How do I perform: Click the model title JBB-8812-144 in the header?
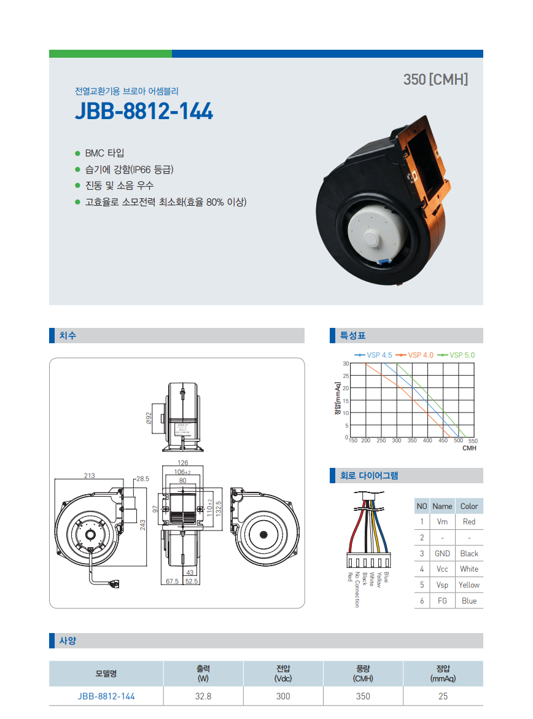pyautogui.click(x=144, y=111)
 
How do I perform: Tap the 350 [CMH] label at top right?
pyautogui.click(x=436, y=79)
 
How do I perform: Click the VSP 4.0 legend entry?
pyautogui.click(x=414, y=355)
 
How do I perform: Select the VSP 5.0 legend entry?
pyautogui.click(x=456, y=355)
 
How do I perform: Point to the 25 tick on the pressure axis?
pyautogui.click(x=346, y=376)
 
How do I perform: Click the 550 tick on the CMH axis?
pyautogui.click(x=473, y=441)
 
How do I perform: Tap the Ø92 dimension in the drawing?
pyautogui.click(x=149, y=418)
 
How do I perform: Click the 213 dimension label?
pyautogui.click(x=90, y=475)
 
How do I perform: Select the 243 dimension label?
pyautogui.click(x=142, y=524)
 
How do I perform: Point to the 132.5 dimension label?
pyautogui.click(x=219, y=509)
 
